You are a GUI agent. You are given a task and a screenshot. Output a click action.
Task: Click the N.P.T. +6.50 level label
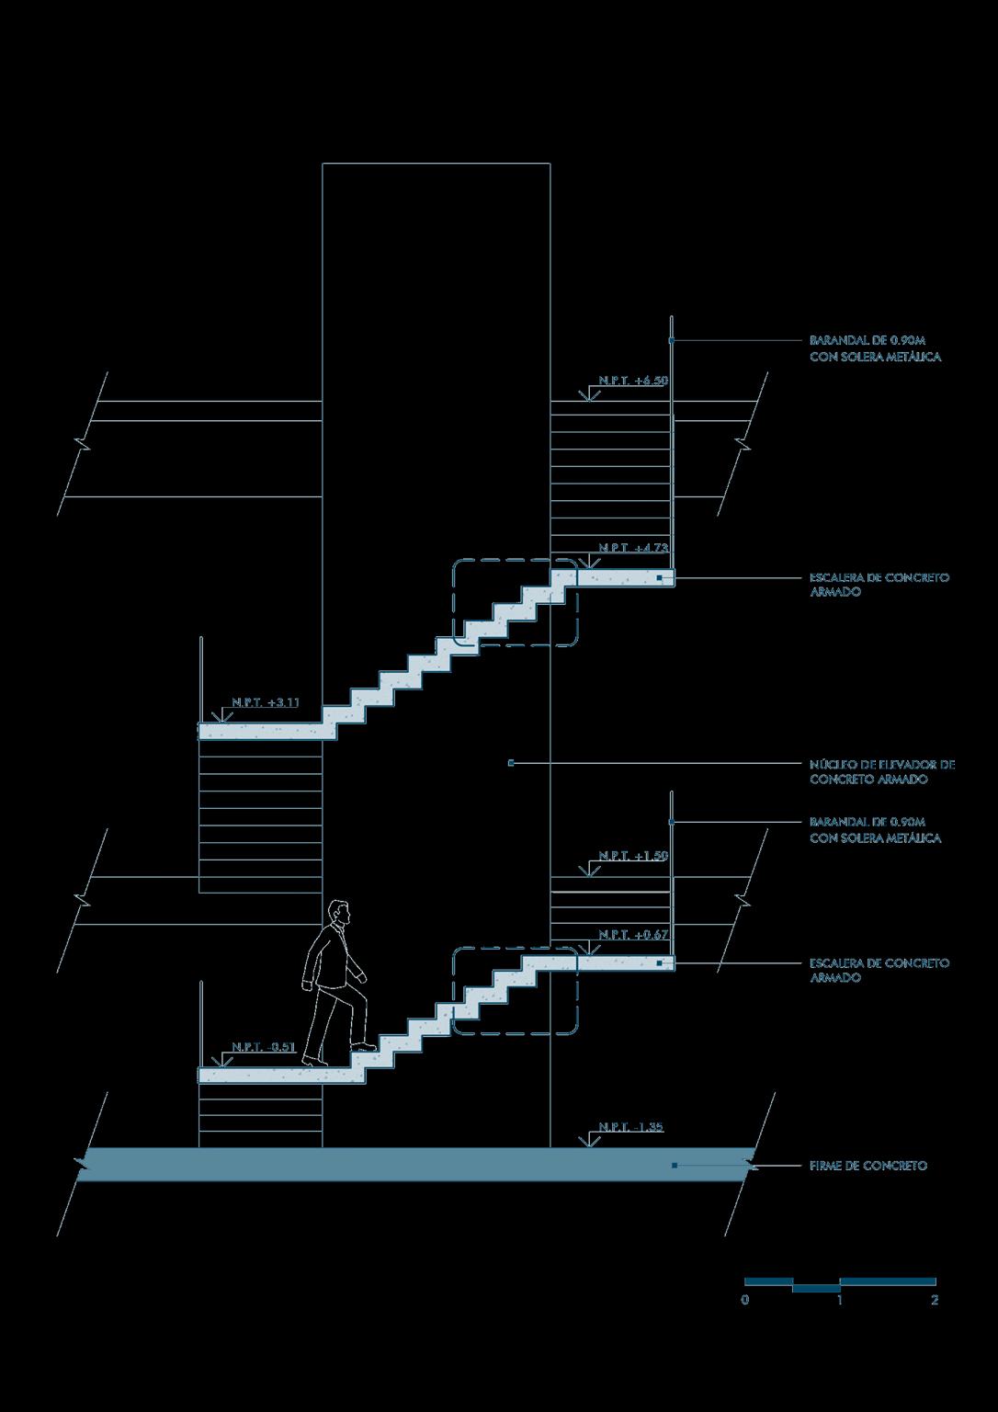(x=633, y=380)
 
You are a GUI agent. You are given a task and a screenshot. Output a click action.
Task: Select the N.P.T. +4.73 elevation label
(x=633, y=548)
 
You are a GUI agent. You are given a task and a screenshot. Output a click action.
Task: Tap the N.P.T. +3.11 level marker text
(x=266, y=702)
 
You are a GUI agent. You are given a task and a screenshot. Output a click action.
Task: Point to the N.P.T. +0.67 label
(x=633, y=935)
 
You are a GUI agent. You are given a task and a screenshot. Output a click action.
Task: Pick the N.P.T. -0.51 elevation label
(x=264, y=1047)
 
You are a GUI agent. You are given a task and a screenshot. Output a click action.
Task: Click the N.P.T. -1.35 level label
(x=630, y=1127)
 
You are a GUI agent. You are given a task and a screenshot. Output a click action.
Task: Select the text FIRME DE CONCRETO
(x=868, y=1166)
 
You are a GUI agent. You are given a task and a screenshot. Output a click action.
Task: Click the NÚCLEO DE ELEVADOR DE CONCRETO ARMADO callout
(x=882, y=771)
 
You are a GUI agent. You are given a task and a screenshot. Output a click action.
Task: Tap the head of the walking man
(x=340, y=913)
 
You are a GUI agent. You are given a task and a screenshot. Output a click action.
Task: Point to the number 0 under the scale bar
(x=744, y=1301)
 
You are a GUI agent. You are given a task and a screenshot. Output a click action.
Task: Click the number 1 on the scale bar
(x=840, y=1301)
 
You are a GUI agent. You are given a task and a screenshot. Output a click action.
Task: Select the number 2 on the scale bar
(x=935, y=1301)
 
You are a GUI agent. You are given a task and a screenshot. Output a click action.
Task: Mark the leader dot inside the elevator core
(x=511, y=763)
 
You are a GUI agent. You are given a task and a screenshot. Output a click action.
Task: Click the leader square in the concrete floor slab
(x=675, y=1166)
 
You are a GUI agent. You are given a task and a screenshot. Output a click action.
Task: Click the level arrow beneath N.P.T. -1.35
(x=585, y=1142)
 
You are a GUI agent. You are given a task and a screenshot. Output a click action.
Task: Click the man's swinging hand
(x=307, y=986)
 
